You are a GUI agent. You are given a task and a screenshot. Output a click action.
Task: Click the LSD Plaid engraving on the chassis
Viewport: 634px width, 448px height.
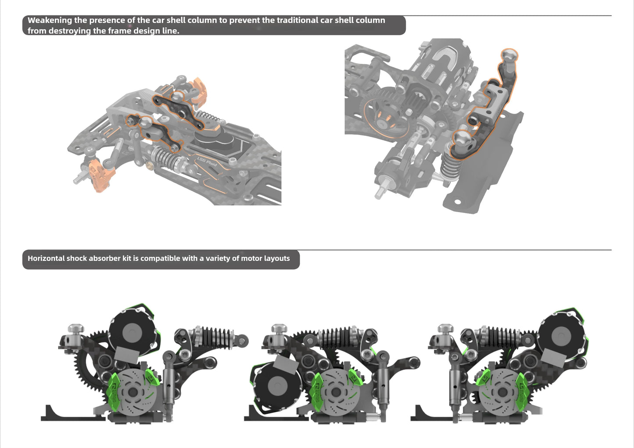pyautogui.click(x=207, y=162)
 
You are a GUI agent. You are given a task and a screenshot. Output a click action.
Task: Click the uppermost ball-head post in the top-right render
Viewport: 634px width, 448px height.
pyautogui.click(x=509, y=56)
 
